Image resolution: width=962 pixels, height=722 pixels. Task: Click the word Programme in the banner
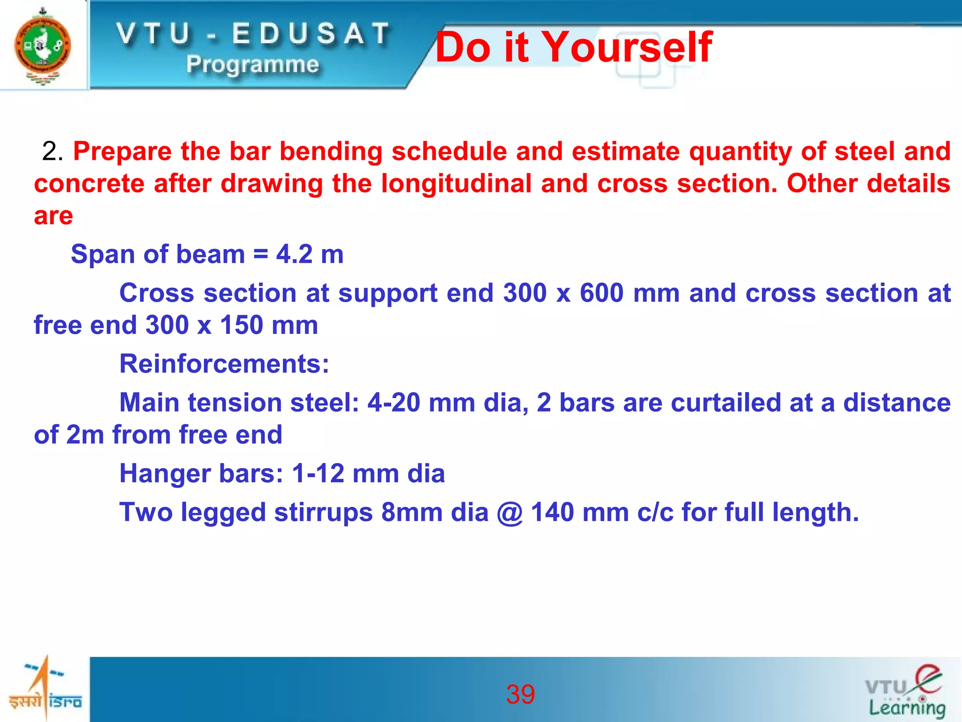[x=253, y=64]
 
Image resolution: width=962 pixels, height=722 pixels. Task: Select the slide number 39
[x=520, y=694]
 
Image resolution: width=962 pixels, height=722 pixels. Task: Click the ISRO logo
[x=45, y=689]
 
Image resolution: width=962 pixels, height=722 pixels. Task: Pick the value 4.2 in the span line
[x=294, y=254]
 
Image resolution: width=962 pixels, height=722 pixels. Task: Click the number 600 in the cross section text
[x=602, y=293]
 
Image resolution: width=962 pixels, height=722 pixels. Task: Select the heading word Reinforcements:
[x=224, y=364]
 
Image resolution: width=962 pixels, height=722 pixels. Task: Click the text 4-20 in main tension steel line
[x=393, y=403]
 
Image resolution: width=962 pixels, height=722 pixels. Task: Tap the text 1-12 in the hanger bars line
[x=318, y=473]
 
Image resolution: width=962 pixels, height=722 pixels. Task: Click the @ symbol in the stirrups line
[x=510, y=513]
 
